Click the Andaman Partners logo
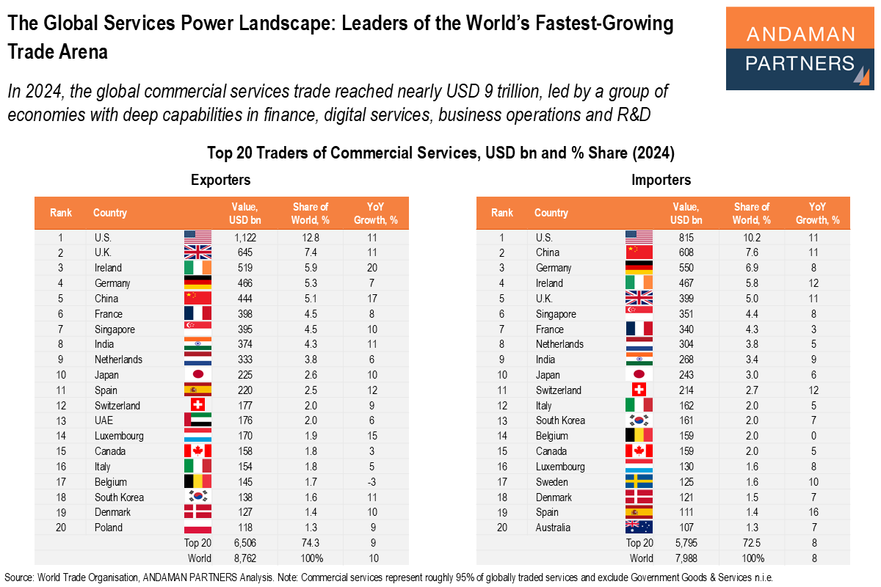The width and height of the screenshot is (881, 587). pos(800,48)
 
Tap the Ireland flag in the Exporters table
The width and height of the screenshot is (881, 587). pos(197,268)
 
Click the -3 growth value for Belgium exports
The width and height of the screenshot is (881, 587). pos(374,482)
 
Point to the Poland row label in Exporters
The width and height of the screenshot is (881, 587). pos(109,528)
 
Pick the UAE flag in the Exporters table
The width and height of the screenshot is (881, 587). pos(197,420)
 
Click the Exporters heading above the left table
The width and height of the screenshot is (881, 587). pos(220,180)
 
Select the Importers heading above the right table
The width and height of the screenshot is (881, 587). pos(661,180)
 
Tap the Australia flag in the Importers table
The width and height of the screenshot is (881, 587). pos(639,528)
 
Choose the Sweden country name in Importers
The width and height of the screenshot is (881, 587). pos(552,482)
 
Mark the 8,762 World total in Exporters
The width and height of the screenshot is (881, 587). pos(243,558)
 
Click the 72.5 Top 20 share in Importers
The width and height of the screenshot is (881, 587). pos(752,543)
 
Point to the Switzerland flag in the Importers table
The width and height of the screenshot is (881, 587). pos(639,390)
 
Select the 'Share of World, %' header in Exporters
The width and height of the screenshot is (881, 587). pos(311,213)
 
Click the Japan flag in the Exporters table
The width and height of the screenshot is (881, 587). pos(197,375)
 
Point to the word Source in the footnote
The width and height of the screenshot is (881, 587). pos(21,577)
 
